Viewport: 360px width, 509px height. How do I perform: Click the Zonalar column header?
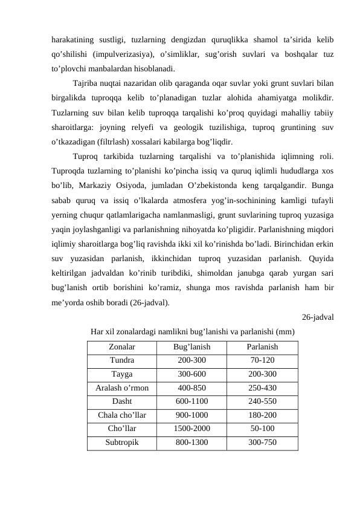click(121, 348)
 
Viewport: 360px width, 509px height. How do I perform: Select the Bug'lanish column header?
click(191, 348)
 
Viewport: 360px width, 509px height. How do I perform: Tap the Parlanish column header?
click(262, 348)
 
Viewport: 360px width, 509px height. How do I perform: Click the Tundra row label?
click(121, 361)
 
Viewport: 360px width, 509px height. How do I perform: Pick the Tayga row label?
click(121, 374)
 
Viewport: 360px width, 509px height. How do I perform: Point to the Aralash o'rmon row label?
click(121, 387)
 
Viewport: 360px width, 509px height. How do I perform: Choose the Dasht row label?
click(121, 401)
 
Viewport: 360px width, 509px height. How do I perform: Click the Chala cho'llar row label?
click(121, 415)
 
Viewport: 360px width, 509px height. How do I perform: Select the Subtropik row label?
click(121, 442)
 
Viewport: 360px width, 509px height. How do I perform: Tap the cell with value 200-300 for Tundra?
click(191, 361)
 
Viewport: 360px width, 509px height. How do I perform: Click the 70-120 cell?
click(262, 361)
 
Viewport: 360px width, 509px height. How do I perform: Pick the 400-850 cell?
click(191, 387)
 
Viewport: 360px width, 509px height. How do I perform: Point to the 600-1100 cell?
click(191, 401)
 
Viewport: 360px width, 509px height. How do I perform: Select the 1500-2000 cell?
click(191, 429)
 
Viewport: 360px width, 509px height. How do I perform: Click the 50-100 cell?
click(262, 429)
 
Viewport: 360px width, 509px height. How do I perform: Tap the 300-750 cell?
click(262, 442)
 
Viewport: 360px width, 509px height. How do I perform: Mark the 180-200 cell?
click(262, 415)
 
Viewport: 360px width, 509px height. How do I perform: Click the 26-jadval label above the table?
click(318, 316)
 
